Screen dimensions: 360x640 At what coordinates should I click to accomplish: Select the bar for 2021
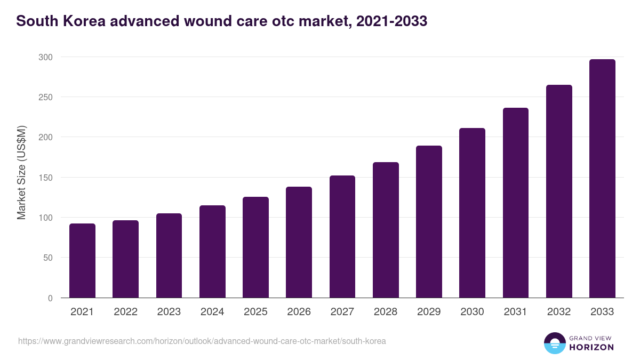[82, 261]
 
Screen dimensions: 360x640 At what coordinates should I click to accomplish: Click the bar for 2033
[602, 179]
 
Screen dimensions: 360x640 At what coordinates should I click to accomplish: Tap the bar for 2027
[342, 237]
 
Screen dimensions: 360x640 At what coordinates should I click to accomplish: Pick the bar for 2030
[472, 213]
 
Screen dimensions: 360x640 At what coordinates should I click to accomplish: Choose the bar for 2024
[212, 252]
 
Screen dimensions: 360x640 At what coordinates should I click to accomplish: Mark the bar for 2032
[559, 191]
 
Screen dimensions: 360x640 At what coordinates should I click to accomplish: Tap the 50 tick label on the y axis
[47, 258]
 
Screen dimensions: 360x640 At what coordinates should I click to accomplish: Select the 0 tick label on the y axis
[50, 298]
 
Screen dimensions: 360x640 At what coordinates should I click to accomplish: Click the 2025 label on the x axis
[255, 312]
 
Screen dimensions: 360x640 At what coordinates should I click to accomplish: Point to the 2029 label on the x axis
[429, 312]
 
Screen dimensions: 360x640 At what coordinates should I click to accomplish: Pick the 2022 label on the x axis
[125, 312]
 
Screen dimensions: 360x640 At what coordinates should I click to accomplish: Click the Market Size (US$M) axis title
[21, 172]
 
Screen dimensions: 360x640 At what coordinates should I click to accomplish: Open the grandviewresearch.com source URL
[202, 341]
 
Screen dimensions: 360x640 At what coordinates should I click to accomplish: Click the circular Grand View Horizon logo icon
[554, 343]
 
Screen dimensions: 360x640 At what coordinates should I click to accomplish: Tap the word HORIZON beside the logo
[591, 347]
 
